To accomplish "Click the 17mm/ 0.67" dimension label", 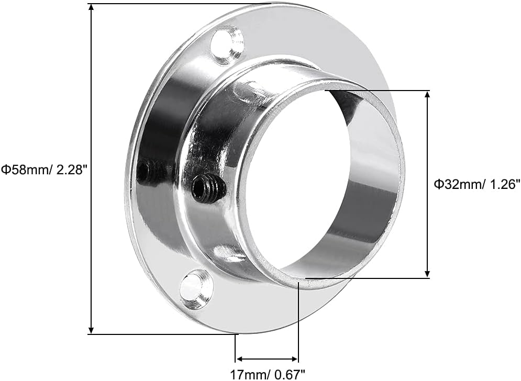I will coord(267,374).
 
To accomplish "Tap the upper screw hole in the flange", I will coord(227,46).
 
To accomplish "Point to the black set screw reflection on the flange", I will coord(148,172).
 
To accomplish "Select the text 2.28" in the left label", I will coord(71,169).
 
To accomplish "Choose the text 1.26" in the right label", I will coord(504,184).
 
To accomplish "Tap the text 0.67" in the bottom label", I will coord(290,374).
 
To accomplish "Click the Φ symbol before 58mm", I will coord(5,169).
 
